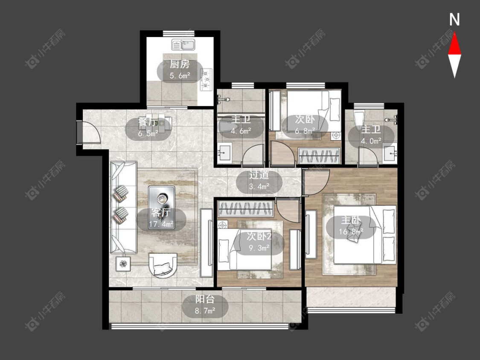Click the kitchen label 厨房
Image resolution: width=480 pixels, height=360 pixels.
pyautogui.click(x=180, y=64)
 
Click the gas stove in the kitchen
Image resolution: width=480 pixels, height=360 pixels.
pyautogui.click(x=206, y=80)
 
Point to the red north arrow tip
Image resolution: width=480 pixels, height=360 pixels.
pyautogui.click(x=454, y=33)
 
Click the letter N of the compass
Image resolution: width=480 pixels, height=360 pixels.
pyautogui.click(x=454, y=19)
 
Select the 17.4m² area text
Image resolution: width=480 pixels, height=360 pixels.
pyautogui.click(x=161, y=224)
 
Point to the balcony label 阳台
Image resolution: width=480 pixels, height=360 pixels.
pyautogui.click(x=205, y=299)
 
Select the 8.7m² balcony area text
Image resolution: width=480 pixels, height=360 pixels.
pyautogui.click(x=205, y=311)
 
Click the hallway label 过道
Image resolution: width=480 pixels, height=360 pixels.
pyautogui.click(x=259, y=175)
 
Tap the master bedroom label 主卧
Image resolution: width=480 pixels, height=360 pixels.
pyautogui.click(x=351, y=220)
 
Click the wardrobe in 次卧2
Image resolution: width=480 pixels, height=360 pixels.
pyautogui.click(x=245, y=209)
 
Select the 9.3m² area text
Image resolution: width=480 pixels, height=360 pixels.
pyautogui.click(x=259, y=248)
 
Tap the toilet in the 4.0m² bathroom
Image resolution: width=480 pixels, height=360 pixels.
pyautogui.click(x=358, y=118)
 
